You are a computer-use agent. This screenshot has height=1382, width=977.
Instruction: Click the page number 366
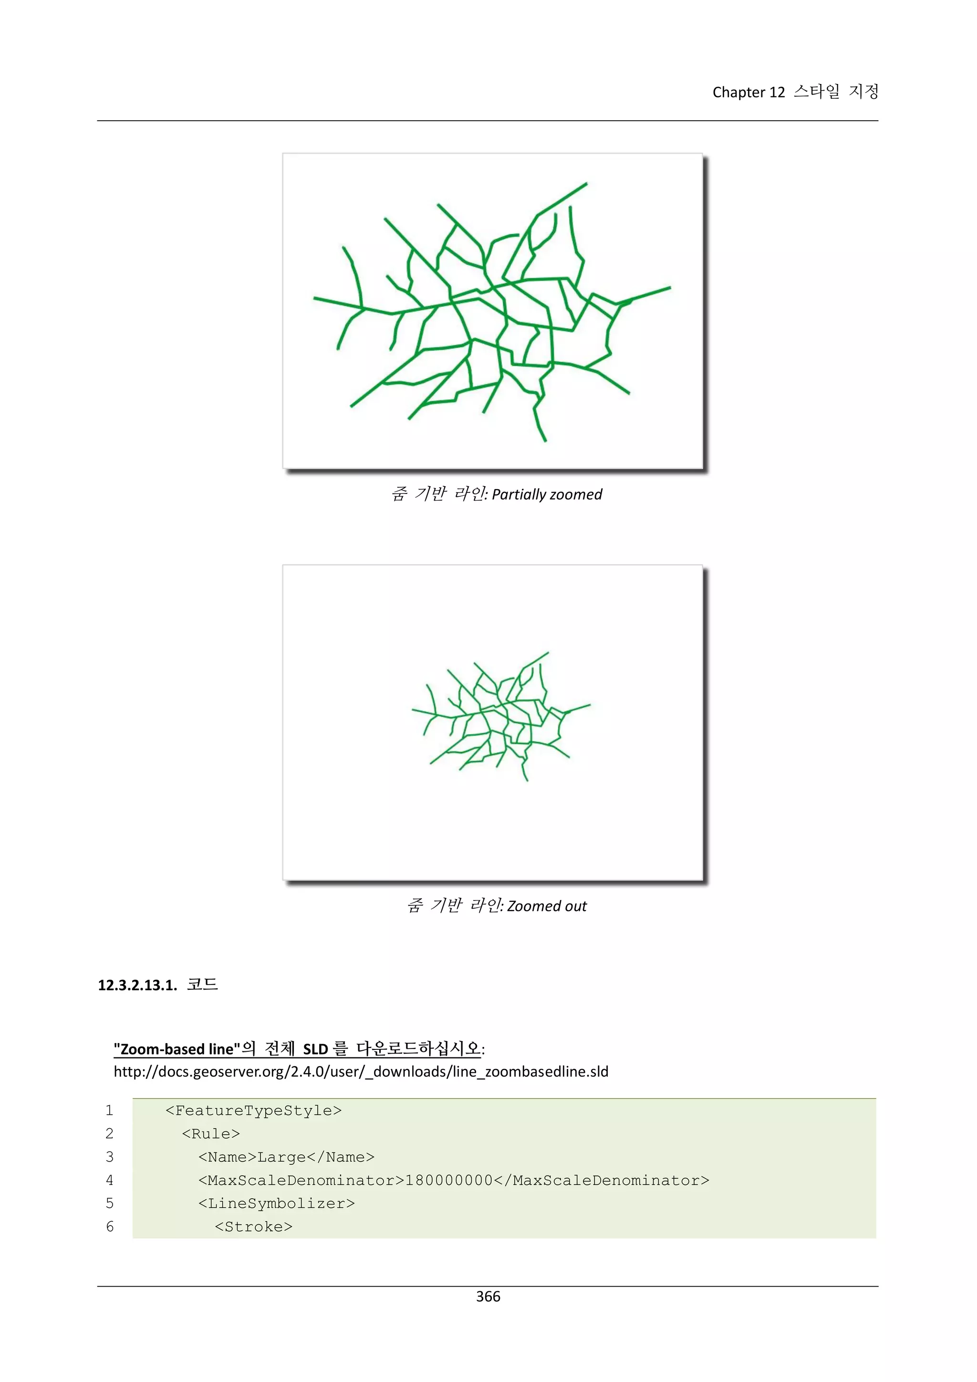tap(488, 1296)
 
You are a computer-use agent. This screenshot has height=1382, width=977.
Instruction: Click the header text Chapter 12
tap(748, 92)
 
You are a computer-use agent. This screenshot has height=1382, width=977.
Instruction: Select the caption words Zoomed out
tap(546, 906)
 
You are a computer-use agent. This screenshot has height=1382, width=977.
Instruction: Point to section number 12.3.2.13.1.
tap(137, 985)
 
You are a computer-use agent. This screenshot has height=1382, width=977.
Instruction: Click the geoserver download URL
tap(361, 1071)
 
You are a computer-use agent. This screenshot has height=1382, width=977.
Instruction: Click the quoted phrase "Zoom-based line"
tap(177, 1049)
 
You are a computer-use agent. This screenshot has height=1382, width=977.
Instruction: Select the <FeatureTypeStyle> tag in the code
tap(253, 1110)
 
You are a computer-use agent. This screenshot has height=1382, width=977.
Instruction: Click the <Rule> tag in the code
tap(210, 1134)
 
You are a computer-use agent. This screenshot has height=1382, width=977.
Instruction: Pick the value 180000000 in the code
tap(449, 1180)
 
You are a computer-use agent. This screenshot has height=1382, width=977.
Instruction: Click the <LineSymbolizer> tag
tap(277, 1203)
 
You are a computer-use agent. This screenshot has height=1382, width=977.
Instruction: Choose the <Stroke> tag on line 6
tap(253, 1227)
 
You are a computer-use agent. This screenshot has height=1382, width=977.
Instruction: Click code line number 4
tap(110, 1180)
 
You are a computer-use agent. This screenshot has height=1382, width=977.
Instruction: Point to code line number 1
tap(110, 1110)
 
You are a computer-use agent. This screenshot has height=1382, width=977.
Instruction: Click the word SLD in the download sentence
tap(315, 1049)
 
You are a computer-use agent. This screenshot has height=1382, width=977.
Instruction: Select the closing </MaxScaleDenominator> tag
tap(602, 1180)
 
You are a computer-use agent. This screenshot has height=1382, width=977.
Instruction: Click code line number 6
tap(110, 1227)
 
